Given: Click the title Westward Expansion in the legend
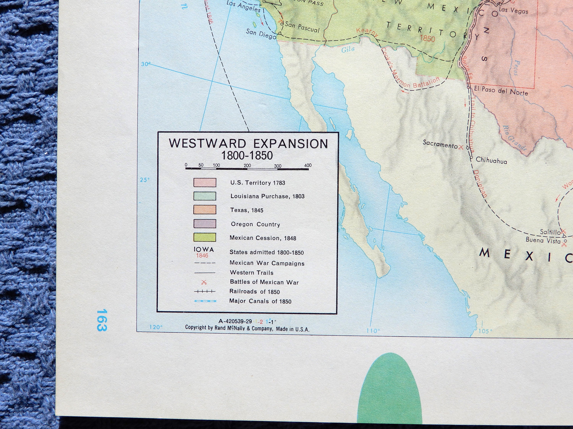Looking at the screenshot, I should (x=248, y=144).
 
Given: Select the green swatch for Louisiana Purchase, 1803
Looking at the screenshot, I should (x=205, y=196).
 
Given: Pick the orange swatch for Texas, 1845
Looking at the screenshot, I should (x=205, y=210).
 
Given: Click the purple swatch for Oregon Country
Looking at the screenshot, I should (x=205, y=224).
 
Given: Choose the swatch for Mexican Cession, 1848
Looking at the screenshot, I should (x=205, y=237).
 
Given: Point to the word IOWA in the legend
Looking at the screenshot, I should (x=204, y=250).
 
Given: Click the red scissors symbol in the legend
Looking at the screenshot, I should (x=204, y=282).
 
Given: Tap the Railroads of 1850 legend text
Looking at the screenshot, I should (x=254, y=292).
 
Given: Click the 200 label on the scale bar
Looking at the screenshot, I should (x=247, y=166).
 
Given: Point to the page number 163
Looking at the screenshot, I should (x=102, y=320).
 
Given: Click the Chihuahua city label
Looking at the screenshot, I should (x=491, y=161).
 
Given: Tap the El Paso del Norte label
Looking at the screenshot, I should (x=501, y=91).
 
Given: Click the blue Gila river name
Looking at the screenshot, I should (x=348, y=49).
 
